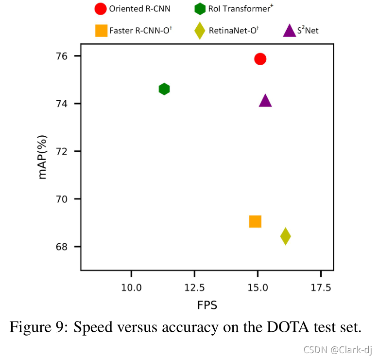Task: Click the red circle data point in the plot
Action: (260, 59)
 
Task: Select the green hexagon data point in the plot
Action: (164, 89)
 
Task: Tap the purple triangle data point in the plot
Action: (265, 101)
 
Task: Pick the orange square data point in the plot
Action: (255, 221)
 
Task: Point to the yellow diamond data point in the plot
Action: (285, 236)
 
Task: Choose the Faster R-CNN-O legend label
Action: (141, 31)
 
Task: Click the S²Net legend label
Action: (308, 31)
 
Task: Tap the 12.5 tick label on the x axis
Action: (194, 288)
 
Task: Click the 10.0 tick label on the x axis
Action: (131, 288)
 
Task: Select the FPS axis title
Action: (207, 306)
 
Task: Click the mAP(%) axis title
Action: (43, 155)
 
